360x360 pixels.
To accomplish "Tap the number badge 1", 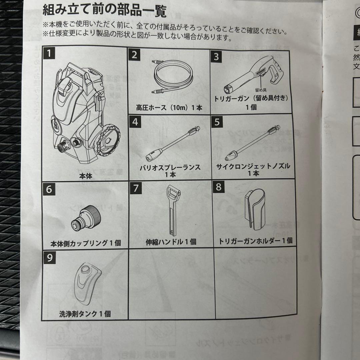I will (50, 53).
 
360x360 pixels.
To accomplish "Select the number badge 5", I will (217, 122).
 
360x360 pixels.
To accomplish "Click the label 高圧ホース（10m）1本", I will (169, 107).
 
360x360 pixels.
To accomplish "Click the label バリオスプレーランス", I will (170, 167).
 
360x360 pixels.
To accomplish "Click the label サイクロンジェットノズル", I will (253, 166).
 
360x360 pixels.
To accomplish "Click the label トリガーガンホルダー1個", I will (255, 241).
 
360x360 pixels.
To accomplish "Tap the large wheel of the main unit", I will (108, 141).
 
